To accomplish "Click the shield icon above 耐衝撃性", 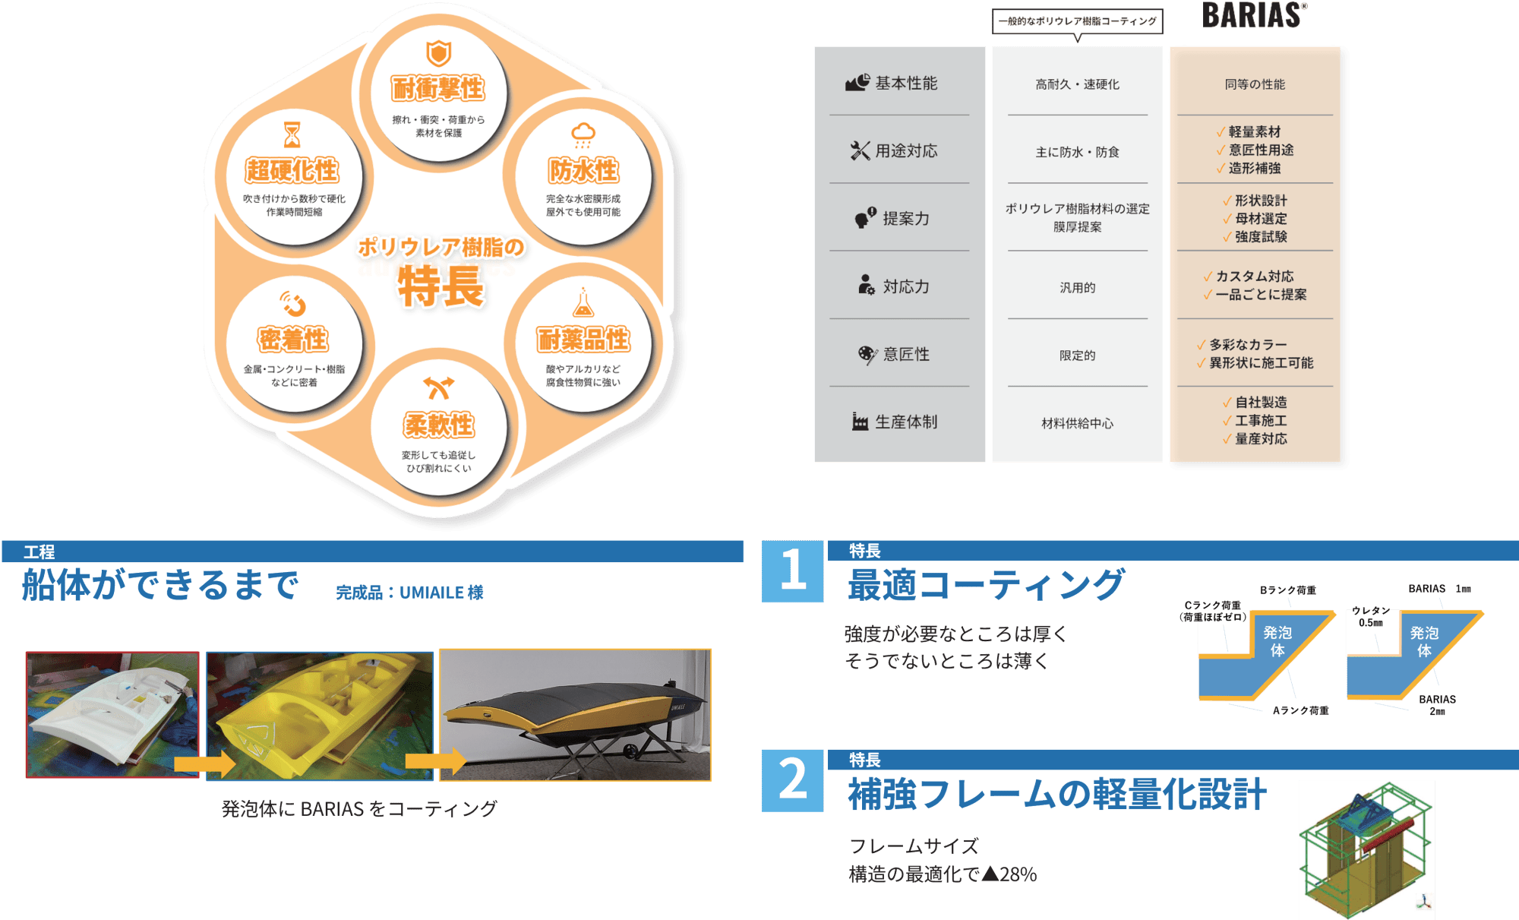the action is pos(438,53).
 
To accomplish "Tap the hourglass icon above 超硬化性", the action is pos(292,134).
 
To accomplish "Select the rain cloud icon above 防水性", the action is pos(583,134).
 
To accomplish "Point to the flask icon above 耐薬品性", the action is pos(583,302).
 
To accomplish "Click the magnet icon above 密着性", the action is pos(293,304).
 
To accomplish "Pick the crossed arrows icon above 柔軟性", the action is pos(438,387).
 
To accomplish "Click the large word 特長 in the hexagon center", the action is pos(441,286).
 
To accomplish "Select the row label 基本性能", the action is pos(906,83).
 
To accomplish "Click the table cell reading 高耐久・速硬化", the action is pos(1077,84).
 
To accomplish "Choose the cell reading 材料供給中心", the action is pos(1077,423).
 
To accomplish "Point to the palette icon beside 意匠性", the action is pos(867,355).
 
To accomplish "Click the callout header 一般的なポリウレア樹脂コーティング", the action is pos(1077,21).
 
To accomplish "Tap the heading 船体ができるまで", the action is pos(160,585).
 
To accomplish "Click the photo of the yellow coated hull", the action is pos(320,715).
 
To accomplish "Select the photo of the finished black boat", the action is pos(575,715).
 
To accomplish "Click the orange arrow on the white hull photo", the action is pos(204,764).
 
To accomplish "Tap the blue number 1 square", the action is pos(792,571).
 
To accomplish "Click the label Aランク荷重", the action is pos(1301,710).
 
